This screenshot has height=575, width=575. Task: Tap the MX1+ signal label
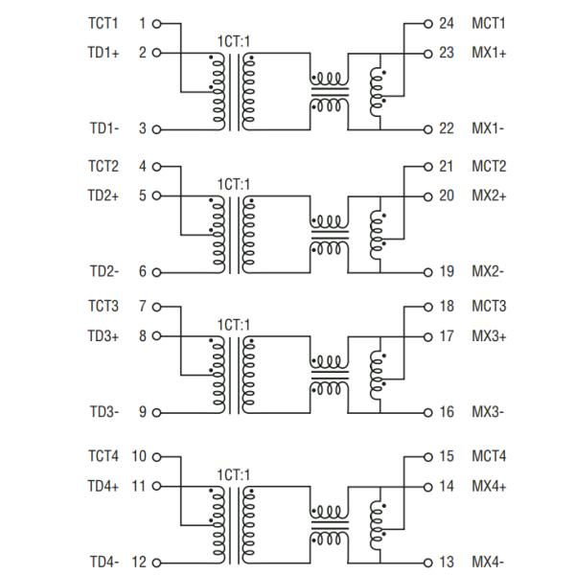(x=490, y=53)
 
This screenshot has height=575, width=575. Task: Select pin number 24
(x=446, y=23)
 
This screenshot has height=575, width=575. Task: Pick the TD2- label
(x=104, y=272)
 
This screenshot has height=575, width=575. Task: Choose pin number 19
(x=446, y=272)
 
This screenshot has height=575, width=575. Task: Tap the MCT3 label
(x=490, y=307)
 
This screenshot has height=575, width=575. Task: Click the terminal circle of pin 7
(x=156, y=307)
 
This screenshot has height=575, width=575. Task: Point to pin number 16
(x=446, y=412)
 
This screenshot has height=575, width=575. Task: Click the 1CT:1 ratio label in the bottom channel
(x=233, y=473)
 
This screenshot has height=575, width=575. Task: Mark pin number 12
(x=137, y=563)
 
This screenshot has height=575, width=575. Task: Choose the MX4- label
(x=488, y=563)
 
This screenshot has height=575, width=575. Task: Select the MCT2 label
(x=490, y=166)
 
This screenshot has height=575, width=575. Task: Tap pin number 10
(x=137, y=456)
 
